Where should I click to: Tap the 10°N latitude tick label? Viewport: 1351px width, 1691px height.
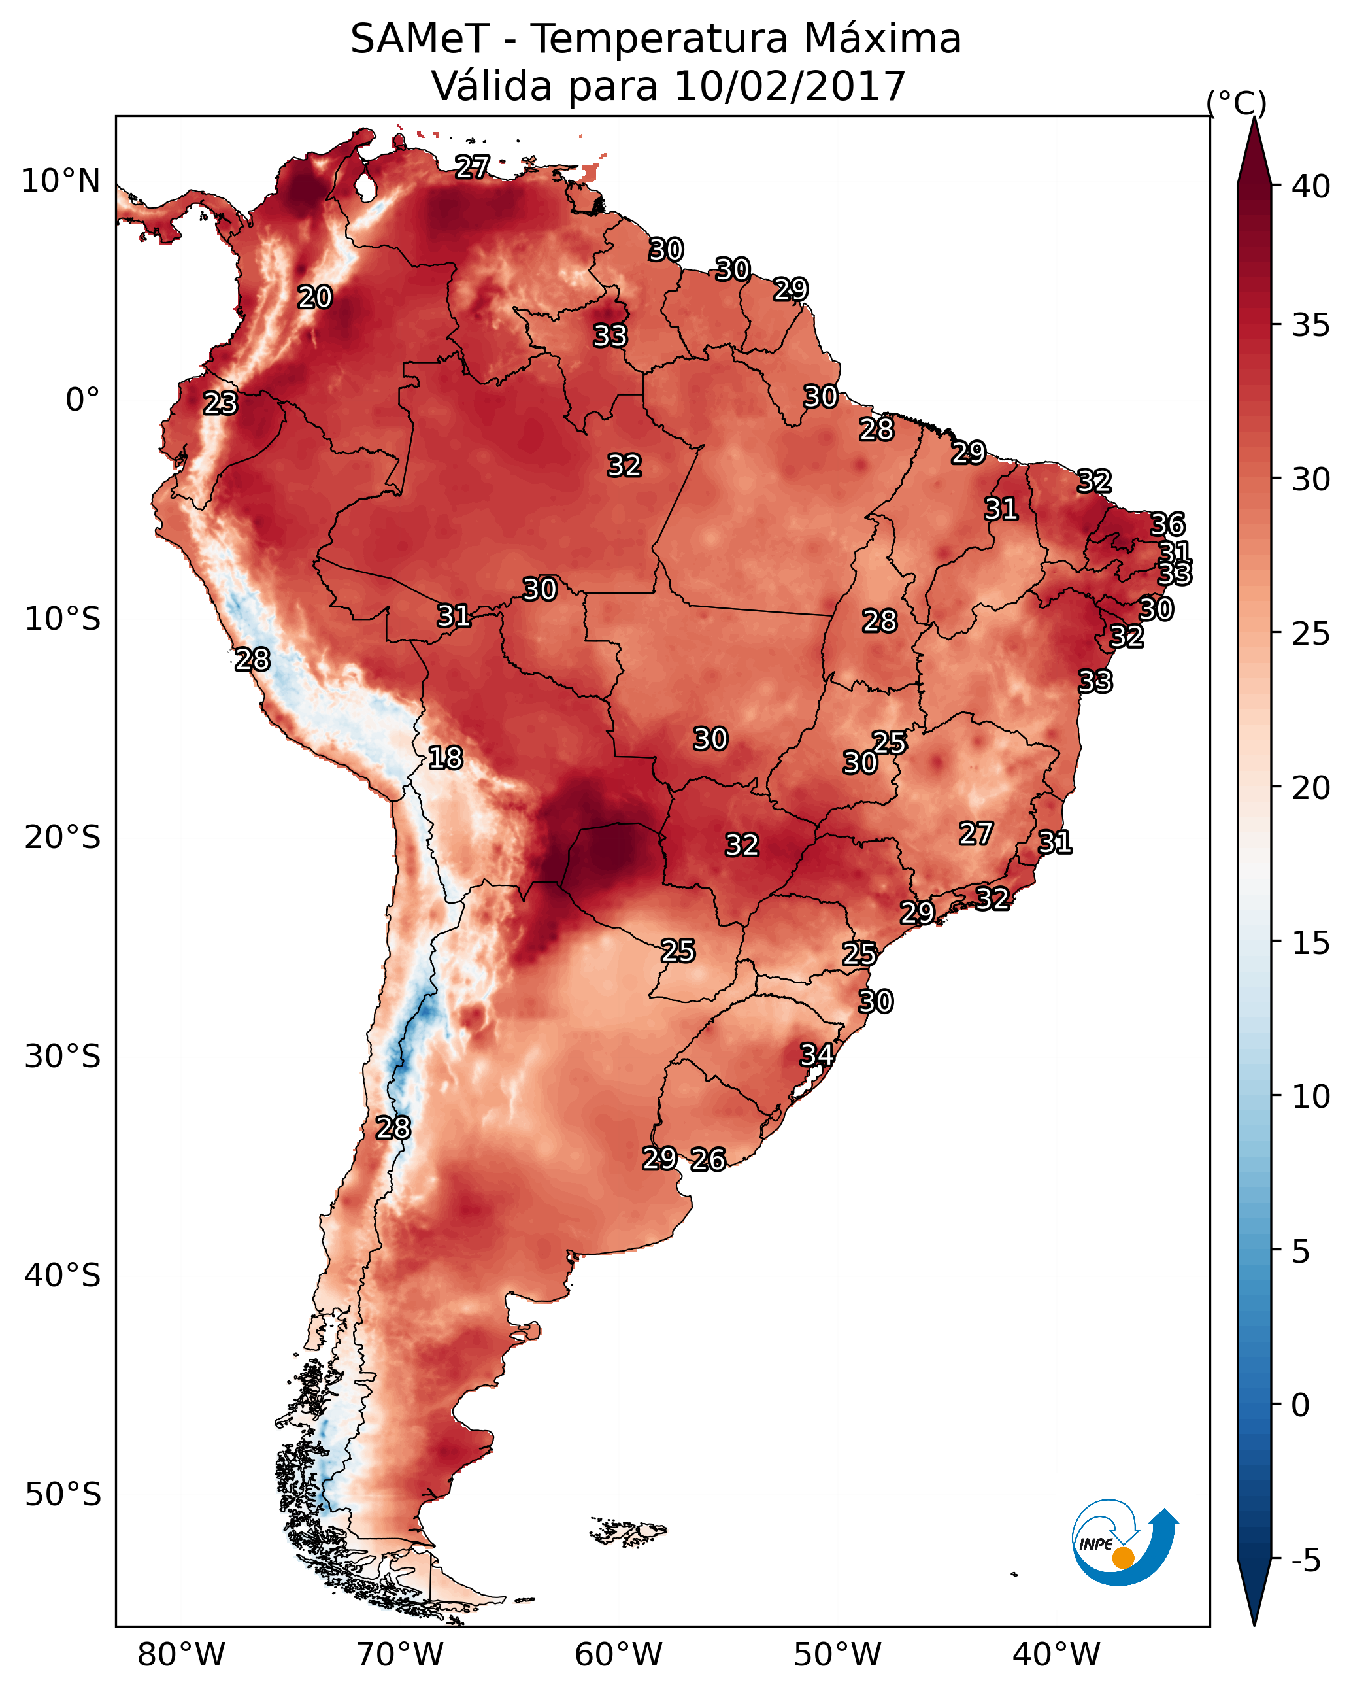[x=60, y=181]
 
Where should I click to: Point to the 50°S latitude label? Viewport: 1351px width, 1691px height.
[x=63, y=1495]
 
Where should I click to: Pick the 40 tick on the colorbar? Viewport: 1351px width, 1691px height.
[x=1311, y=186]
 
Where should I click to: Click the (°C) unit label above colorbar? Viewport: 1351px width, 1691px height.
[x=1237, y=103]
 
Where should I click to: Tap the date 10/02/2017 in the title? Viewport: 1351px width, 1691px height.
[x=790, y=86]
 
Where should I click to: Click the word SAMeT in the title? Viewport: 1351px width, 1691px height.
[x=420, y=39]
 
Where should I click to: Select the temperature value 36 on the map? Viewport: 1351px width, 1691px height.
[x=1167, y=524]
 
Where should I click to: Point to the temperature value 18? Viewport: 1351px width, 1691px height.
[x=445, y=758]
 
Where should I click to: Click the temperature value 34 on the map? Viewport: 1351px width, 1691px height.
[x=816, y=1054]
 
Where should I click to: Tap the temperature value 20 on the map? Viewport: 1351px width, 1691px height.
[x=315, y=298]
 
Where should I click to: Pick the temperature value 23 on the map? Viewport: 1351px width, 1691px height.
[x=220, y=403]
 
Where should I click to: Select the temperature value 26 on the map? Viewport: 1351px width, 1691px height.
[x=708, y=1159]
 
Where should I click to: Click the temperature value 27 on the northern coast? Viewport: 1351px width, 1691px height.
[x=473, y=167]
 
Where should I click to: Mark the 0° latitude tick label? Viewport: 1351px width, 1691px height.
[x=82, y=400]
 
